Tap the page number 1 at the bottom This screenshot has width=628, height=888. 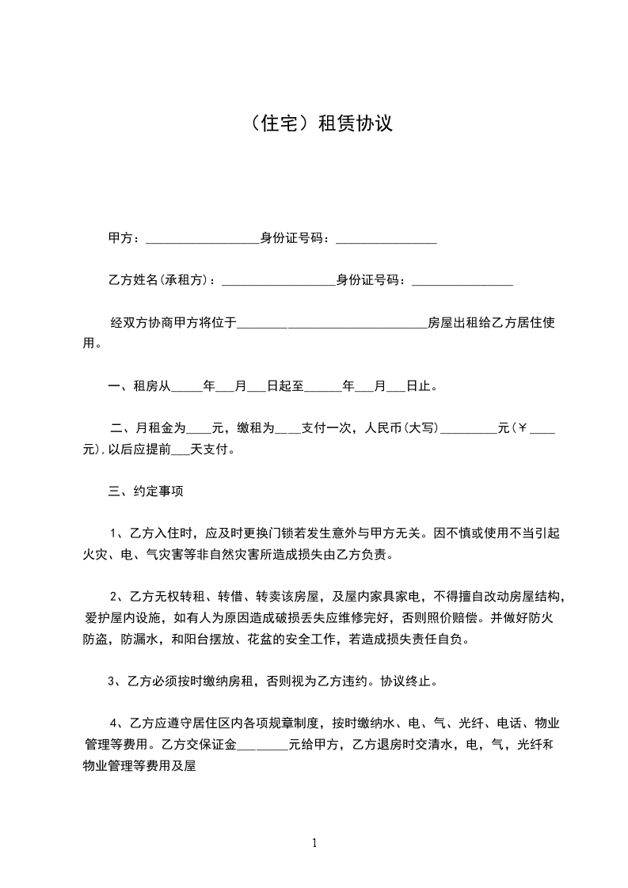(314, 842)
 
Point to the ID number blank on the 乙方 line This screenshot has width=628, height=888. (462, 280)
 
